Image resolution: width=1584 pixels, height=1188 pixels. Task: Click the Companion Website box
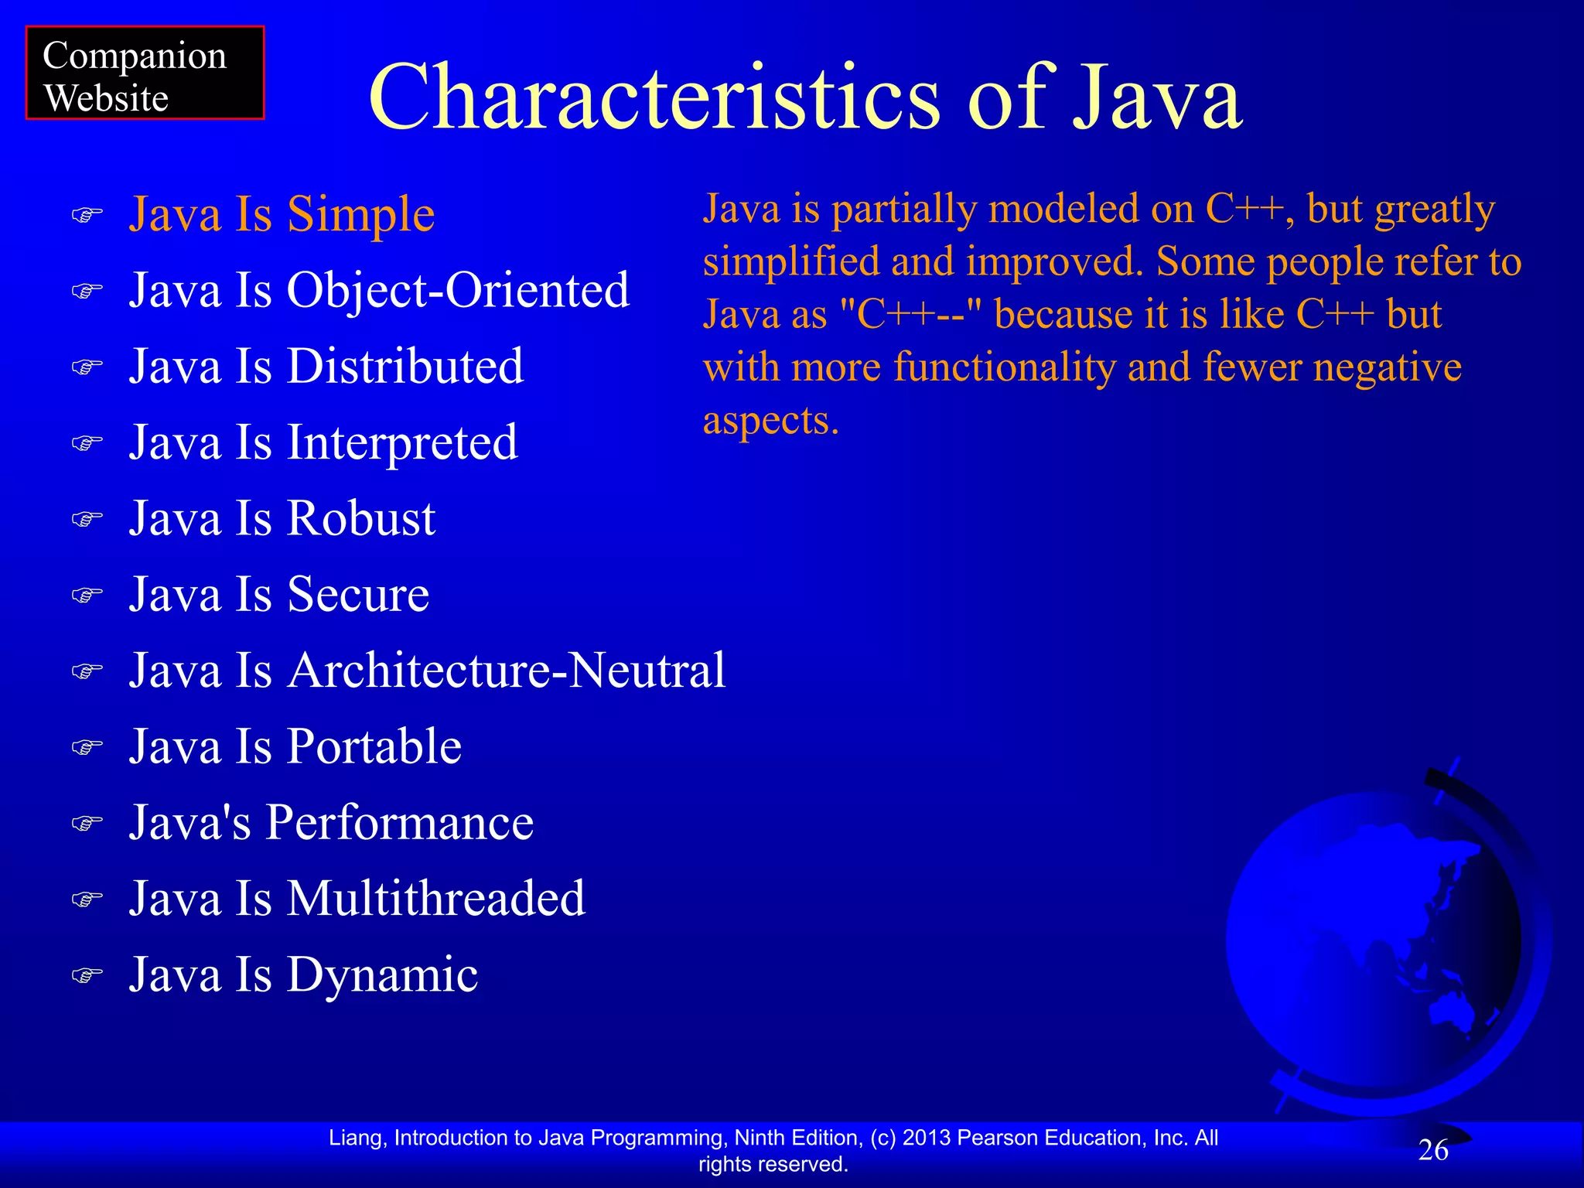click(145, 73)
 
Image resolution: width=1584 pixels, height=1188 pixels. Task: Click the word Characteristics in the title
click(654, 98)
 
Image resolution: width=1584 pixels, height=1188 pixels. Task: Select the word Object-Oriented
click(458, 290)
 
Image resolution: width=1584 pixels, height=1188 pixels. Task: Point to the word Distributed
click(405, 366)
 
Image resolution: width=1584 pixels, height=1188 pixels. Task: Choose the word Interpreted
click(402, 442)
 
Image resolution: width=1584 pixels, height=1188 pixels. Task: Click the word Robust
click(361, 517)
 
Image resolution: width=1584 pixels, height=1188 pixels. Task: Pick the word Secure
click(358, 594)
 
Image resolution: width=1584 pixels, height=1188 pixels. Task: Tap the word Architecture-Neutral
click(507, 670)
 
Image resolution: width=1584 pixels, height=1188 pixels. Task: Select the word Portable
click(374, 746)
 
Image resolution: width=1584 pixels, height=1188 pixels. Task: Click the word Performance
click(400, 821)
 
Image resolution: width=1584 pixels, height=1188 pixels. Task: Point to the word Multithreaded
click(436, 898)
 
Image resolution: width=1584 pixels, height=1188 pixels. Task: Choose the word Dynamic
click(383, 974)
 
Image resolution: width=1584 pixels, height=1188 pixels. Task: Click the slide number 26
click(1432, 1150)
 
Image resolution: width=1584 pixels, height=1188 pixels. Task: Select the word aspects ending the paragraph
click(770, 420)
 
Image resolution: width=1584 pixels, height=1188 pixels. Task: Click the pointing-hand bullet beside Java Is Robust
click(87, 518)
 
